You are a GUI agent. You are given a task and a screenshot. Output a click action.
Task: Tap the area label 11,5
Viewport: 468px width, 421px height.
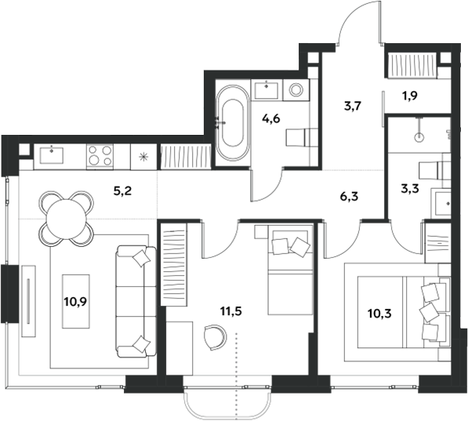[x=230, y=311]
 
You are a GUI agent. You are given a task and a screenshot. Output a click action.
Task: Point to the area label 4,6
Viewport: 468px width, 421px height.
[x=269, y=120]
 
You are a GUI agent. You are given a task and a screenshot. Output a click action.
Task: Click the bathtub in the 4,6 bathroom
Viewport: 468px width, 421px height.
[x=232, y=122]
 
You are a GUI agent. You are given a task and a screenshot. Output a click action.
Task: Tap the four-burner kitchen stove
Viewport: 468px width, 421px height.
[x=100, y=153]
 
